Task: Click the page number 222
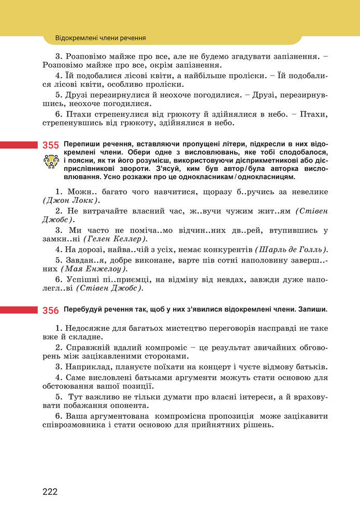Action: pyautogui.click(x=50, y=491)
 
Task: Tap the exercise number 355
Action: pyautogui.click(x=51, y=145)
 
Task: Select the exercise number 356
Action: pyautogui.click(x=51, y=310)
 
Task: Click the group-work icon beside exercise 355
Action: pyautogui.click(x=51, y=162)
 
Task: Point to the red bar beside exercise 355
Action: pyautogui.click(x=19, y=145)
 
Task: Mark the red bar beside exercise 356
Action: pyautogui.click(x=19, y=310)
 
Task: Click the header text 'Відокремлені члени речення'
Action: pyautogui.click(x=100, y=38)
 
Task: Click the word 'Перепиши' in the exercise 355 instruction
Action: pyautogui.click(x=79, y=143)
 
